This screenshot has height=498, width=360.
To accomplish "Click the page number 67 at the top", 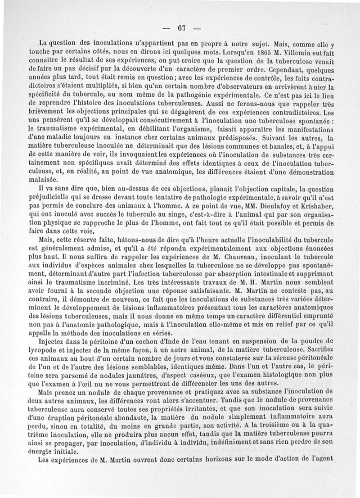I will pyautogui.click(x=181, y=27).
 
